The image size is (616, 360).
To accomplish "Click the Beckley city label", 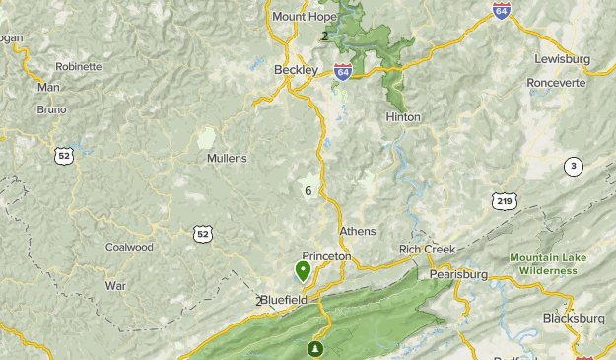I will pos(296,70).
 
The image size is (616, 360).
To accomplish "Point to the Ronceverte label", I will pos(556,82).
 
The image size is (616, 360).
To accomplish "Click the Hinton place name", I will pos(403,116).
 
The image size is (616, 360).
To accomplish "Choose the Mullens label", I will pos(227,158).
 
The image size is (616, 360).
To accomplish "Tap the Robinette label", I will pos(79,67).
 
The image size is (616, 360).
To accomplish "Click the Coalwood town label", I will pos(130,248).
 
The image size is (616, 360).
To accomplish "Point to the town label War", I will pos(115,285).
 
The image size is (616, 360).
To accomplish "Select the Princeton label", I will pos(326,255).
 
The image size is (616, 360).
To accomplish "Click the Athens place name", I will pos(357,231).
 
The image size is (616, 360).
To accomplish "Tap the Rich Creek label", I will pos(427,250).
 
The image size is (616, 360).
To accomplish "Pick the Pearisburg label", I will pos(459,273).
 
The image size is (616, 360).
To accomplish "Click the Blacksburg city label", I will pos(574,319).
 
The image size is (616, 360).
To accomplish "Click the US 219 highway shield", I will pos(505,201).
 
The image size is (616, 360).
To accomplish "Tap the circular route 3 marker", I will pos(574,166).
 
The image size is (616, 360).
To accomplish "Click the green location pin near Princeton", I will pos(303,269).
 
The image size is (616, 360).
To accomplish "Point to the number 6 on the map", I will pos(308,190).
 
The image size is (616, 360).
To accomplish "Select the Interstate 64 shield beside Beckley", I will pos(342,72).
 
